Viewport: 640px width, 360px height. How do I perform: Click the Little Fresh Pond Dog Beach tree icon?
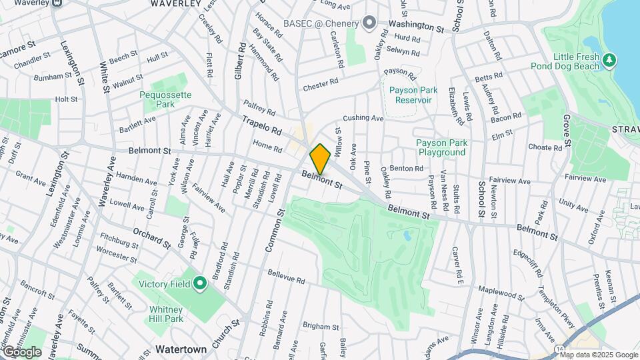pos(608,61)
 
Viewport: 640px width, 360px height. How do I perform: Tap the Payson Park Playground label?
pos(441,147)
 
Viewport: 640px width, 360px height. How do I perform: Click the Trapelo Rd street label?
pos(262,126)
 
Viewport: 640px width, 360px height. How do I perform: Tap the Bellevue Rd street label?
pos(286,275)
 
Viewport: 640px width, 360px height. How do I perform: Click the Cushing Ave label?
pos(364,118)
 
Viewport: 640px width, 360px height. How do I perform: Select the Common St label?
pos(274,230)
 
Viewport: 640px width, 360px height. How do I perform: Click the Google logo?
pos(21,351)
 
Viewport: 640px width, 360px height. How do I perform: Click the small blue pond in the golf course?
pos(407,235)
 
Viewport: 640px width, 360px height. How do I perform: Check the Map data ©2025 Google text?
pos(599,355)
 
